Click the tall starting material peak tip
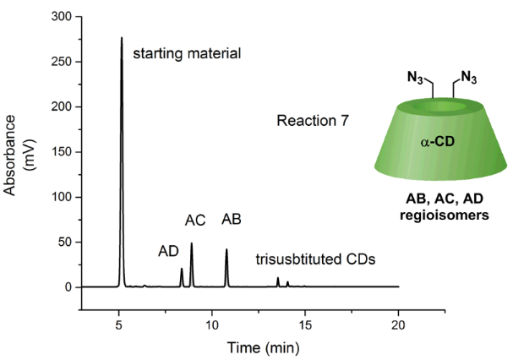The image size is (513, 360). pos(122,38)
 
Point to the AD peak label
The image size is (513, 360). pos(169,251)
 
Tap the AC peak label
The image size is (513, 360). pos(195,221)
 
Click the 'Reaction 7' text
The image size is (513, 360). pos(313,122)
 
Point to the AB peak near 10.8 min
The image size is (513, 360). pos(226,250)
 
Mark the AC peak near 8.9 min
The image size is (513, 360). pos(192,245)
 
